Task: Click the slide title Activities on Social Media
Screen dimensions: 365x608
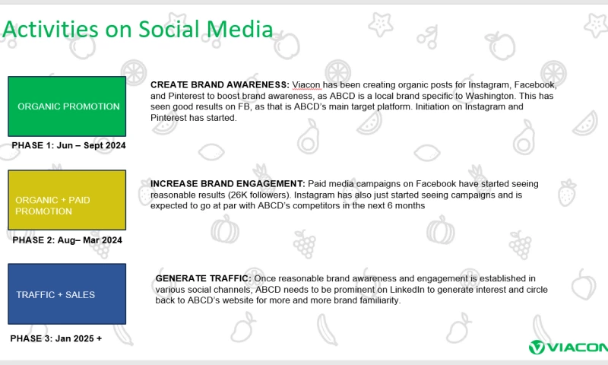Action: (x=138, y=30)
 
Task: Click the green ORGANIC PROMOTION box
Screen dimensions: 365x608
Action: (x=68, y=106)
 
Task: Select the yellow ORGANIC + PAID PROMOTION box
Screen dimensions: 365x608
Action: (x=68, y=200)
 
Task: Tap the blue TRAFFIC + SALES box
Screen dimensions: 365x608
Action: (x=68, y=294)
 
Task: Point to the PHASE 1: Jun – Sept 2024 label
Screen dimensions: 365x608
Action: (x=68, y=144)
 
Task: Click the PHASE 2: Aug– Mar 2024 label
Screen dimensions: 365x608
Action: (x=66, y=240)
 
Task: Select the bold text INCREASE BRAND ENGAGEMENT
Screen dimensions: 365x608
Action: (x=226, y=184)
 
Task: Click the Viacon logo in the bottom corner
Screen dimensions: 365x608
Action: (x=568, y=348)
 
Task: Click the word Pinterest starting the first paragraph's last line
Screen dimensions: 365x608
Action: (x=169, y=118)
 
